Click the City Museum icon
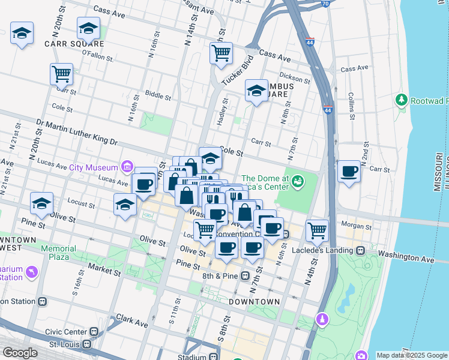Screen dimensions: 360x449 (127, 166)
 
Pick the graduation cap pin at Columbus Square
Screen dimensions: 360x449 (256, 91)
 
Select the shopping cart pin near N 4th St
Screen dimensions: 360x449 (316, 229)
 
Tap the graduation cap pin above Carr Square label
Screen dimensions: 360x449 (88, 28)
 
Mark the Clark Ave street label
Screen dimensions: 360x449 (132, 320)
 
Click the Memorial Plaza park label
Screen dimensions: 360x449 (58, 253)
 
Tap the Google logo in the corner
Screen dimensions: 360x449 (20, 353)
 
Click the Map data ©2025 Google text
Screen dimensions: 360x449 (412, 355)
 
